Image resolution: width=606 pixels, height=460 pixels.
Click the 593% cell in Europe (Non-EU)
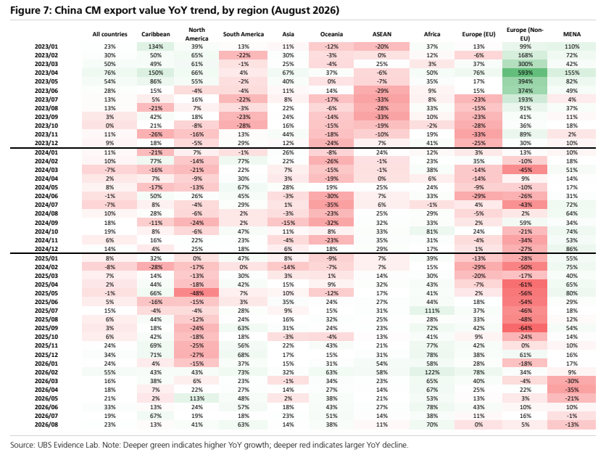(525, 73)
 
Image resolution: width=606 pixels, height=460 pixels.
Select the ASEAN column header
(381, 34)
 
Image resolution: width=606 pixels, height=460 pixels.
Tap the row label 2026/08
(46, 424)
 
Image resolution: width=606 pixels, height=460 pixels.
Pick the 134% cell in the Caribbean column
(155, 46)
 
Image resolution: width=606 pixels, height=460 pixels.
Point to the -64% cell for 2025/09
(525, 328)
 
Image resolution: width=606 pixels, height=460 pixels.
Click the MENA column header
(572, 34)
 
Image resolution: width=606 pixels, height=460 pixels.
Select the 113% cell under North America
(196, 398)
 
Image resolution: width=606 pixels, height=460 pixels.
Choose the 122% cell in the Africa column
(432, 372)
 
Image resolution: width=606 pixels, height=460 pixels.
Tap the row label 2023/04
(46, 73)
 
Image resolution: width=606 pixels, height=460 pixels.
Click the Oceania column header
(331, 34)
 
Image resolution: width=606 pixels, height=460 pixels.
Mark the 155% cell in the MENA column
(572, 73)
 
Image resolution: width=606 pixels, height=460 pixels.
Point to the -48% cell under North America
(196, 293)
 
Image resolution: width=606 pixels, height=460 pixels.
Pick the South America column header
(244, 34)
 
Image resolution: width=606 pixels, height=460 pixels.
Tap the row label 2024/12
(46, 249)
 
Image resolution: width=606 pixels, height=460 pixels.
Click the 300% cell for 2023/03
(525, 64)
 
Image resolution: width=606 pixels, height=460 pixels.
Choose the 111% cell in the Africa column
(432, 311)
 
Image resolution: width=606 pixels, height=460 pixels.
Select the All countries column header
(109, 34)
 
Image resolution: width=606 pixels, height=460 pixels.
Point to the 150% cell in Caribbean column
(155, 73)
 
